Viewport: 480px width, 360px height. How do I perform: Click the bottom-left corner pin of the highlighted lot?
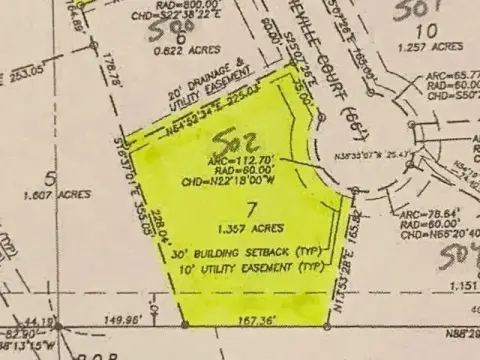184,325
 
